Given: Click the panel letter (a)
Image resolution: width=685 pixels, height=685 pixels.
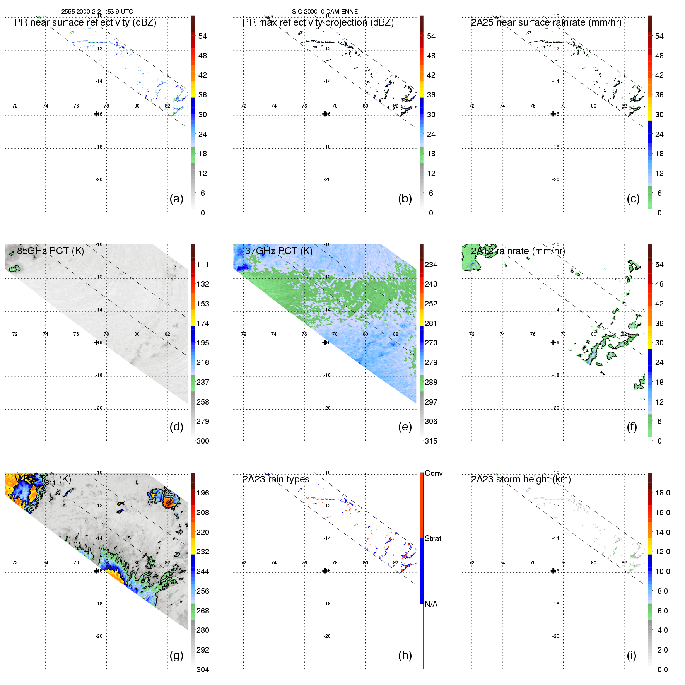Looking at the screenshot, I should [x=176, y=198].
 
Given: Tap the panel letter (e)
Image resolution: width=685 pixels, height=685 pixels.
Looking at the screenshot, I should [x=405, y=427].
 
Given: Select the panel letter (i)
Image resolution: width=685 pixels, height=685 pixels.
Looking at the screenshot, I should [x=631, y=655].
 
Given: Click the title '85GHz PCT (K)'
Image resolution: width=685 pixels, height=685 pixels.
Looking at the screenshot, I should [x=50, y=251].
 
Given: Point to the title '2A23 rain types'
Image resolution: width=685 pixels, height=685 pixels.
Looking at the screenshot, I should [x=275, y=479].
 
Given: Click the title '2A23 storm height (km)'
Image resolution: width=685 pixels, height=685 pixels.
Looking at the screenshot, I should [x=521, y=479].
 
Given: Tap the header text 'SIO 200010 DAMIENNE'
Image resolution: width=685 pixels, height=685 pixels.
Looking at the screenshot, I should [x=325, y=12].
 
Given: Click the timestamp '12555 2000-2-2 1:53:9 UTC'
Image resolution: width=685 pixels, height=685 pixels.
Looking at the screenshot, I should [x=96, y=12].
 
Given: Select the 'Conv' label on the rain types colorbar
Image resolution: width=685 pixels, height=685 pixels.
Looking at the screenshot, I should [x=433, y=473].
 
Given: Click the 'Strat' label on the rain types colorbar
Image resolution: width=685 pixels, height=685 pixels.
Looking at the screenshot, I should [x=433, y=538].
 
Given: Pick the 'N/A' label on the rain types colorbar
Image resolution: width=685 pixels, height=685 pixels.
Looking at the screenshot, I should [x=431, y=604].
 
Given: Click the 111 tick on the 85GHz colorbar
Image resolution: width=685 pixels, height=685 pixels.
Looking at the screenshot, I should [x=203, y=265].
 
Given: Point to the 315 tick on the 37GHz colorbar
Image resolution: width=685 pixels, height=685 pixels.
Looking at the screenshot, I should [x=431, y=441].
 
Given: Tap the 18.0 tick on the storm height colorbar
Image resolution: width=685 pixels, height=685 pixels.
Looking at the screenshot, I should [x=662, y=493].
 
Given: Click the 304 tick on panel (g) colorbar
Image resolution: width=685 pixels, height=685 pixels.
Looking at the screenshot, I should [x=203, y=670].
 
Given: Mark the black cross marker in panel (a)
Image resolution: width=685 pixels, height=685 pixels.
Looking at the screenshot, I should [x=96, y=114].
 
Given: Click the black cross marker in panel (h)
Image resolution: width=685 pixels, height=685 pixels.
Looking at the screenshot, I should [x=325, y=571].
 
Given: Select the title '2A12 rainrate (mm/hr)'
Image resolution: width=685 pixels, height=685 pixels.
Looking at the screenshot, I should [x=518, y=251].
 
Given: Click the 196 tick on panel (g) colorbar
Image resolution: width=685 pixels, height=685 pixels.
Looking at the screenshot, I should [x=203, y=493].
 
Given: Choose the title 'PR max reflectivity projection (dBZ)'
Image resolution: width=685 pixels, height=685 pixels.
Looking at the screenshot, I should [x=318, y=22].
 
